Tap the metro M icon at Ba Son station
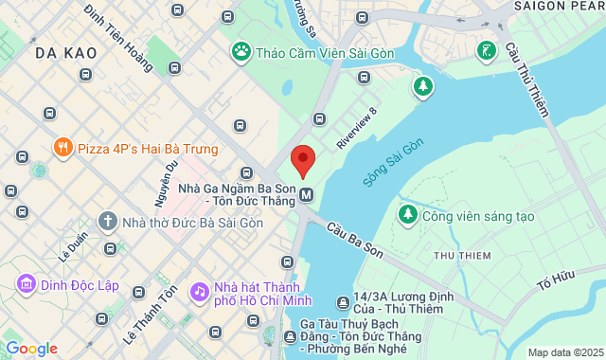pyautogui.click(x=307, y=196)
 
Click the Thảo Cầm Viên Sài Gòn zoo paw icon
pyautogui.click(x=241, y=51)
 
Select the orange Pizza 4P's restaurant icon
pyautogui.click(x=62, y=148)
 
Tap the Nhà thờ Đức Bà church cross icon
pyautogui.click(x=107, y=221)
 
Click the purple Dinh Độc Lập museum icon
pyautogui.click(x=26, y=282)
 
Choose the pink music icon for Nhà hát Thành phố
pyautogui.click(x=199, y=291)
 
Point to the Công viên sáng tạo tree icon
pyautogui.click(x=408, y=215)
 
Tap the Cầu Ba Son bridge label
pyautogui.click(x=356, y=241)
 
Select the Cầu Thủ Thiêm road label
pyautogui.click(x=526, y=81)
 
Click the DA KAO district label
pyautogui.click(x=66, y=53)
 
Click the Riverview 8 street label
pyautogui.click(x=357, y=128)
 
